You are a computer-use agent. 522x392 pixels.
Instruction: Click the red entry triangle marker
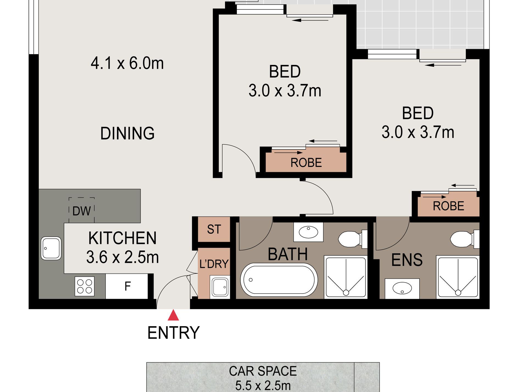pyautogui.click(x=173, y=316)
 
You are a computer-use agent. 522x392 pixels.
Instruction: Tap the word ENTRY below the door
pyautogui.click(x=173, y=333)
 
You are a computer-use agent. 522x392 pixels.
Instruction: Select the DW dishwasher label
pyautogui.click(x=81, y=211)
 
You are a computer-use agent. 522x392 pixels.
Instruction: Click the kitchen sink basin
pyautogui.click(x=51, y=248)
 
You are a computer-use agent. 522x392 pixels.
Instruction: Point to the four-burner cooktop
pyautogui.click(x=85, y=286)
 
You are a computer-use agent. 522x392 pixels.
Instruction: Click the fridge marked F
pyautogui.click(x=127, y=286)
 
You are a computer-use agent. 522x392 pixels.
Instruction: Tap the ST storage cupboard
pyautogui.click(x=214, y=229)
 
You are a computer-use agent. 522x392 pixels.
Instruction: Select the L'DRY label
pyautogui.click(x=214, y=264)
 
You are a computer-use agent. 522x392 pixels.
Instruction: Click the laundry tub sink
pyautogui.click(x=220, y=287)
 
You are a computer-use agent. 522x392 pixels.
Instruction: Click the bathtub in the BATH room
pyautogui.click(x=279, y=280)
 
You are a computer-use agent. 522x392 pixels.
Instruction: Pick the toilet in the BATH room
pyautogui.click(x=350, y=239)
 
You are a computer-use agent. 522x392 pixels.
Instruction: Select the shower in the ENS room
pyautogui.click(x=458, y=277)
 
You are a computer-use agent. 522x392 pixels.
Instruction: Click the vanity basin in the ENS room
pyautogui.click(x=402, y=289)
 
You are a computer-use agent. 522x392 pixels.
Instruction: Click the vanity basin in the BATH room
pyautogui.click(x=308, y=232)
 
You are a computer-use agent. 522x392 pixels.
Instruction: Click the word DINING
pyautogui.click(x=127, y=133)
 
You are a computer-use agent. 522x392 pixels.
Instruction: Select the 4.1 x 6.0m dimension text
pyautogui.click(x=127, y=63)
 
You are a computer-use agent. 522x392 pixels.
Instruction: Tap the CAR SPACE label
pyautogui.click(x=263, y=371)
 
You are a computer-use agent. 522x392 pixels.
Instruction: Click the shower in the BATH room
pyautogui.click(x=346, y=277)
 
